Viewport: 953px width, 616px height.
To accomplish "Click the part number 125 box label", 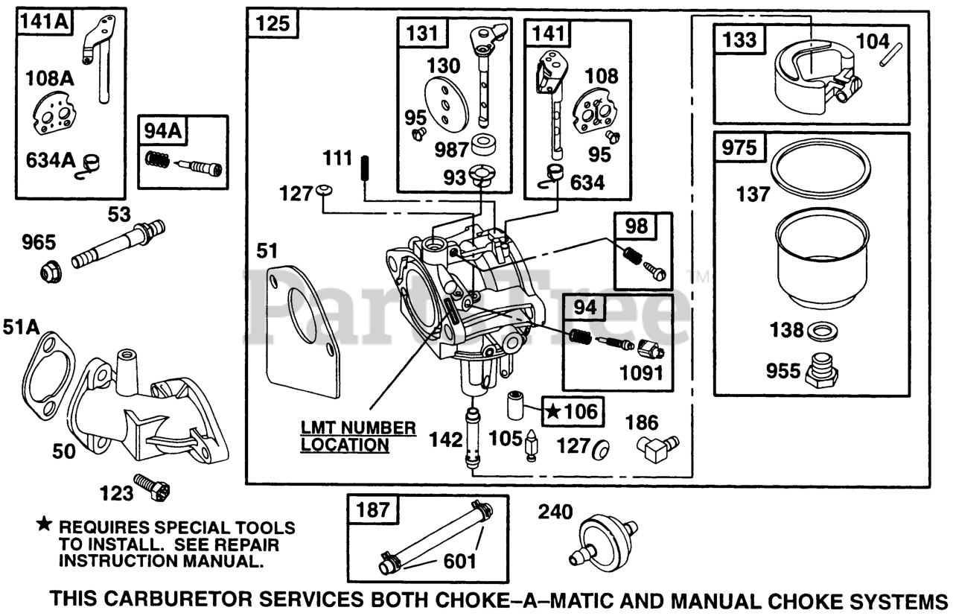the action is coord(272,24).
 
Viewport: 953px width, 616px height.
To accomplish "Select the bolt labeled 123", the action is coord(153,486).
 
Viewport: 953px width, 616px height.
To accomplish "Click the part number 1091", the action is coord(642,374).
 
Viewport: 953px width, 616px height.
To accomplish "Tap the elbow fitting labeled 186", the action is coord(657,448).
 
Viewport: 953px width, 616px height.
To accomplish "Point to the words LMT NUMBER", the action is coord(358,428).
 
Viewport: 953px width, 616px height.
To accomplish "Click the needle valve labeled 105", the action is coord(531,445).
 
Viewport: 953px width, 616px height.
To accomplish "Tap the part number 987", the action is coord(451,150).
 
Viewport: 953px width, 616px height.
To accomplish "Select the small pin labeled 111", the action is coord(366,168).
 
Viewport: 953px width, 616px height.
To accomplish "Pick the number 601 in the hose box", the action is coord(459,561).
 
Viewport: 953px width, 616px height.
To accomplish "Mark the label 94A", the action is coord(162,131).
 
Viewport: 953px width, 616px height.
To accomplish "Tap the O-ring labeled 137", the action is coord(821,171).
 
